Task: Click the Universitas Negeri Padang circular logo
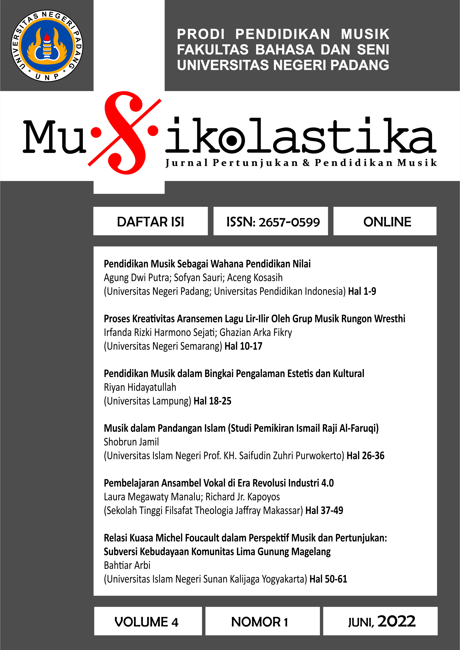coord(47,46)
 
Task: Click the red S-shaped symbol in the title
coord(125,132)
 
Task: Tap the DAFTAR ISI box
coord(150,222)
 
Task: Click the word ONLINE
coord(387,222)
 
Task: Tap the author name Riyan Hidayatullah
coord(140,387)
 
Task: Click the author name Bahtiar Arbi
coord(127,565)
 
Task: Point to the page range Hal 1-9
coord(362,291)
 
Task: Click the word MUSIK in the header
coord(365,34)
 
